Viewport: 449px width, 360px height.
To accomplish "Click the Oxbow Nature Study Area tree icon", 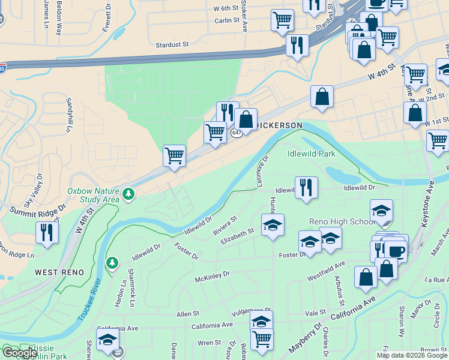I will tap(128, 194).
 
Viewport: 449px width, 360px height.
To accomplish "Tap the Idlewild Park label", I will tap(311, 154).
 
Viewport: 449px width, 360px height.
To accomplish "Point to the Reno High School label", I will tap(342, 221).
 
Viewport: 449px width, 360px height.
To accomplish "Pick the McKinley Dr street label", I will tap(212, 277).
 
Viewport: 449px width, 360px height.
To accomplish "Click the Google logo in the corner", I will tap(20, 353).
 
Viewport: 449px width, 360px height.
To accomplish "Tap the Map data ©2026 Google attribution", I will tap(412, 355).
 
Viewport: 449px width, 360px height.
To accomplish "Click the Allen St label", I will tap(187, 314).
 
